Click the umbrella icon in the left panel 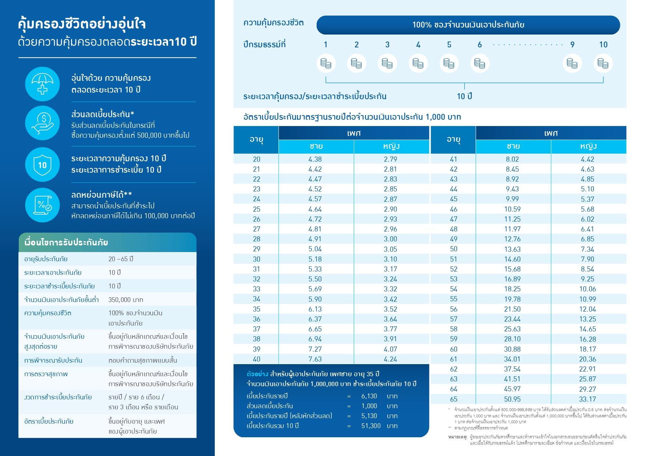point(42,84)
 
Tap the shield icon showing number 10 point(42,165)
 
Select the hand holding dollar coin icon point(42,123)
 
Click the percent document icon point(42,205)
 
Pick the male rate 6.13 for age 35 point(315,309)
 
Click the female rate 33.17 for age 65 point(587,399)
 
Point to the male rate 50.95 point(512,399)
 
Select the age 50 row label point(453,249)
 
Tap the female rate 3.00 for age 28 point(390,239)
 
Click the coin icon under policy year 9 point(572,63)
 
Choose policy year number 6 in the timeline point(480,45)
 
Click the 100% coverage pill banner point(468,25)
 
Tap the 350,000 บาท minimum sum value point(126,300)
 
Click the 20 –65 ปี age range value point(121,259)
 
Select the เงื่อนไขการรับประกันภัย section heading point(66,243)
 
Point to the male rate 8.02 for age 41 point(512,159)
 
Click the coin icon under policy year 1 point(325,63)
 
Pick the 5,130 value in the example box point(369,416)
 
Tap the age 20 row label point(256,159)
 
